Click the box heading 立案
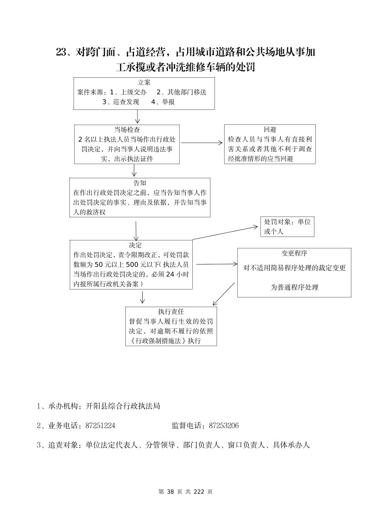144,83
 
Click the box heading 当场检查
127,130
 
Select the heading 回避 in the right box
270,130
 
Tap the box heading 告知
140,183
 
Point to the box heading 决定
135,245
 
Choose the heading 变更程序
294,253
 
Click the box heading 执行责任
171,312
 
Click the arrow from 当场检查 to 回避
202,142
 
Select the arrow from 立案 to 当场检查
137,117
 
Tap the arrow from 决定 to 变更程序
216,264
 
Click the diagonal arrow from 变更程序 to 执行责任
223,294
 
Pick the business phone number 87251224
100,426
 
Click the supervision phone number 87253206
223,426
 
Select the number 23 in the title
61,52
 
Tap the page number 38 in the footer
170,492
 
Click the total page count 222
199,492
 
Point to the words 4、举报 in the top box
163,102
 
